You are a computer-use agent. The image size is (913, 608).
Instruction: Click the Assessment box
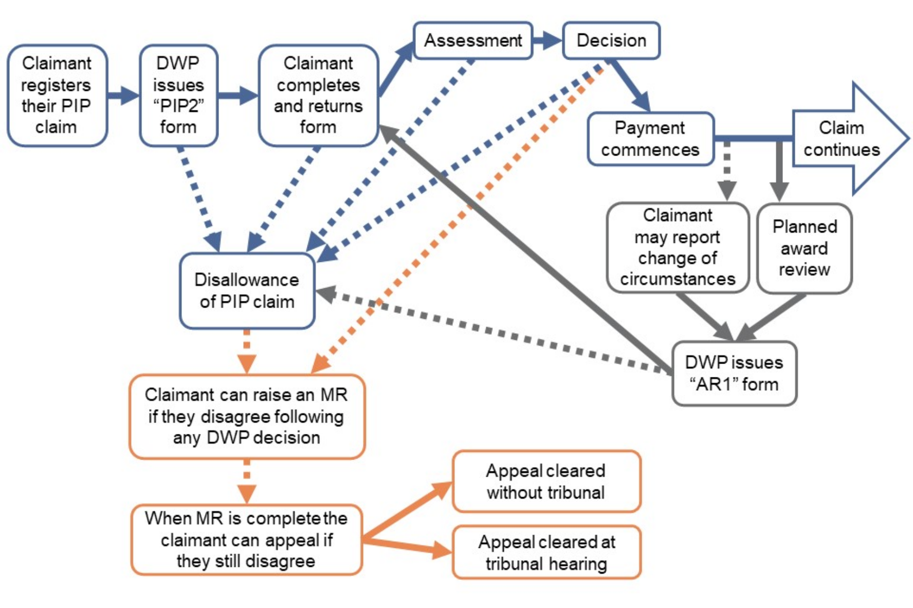(x=473, y=41)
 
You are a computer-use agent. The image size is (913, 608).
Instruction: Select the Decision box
(x=611, y=41)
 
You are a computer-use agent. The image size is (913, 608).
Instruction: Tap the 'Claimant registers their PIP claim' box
(x=57, y=96)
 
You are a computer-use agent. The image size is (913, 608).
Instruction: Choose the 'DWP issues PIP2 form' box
(x=178, y=96)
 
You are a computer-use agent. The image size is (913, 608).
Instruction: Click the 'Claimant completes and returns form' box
(x=318, y=96)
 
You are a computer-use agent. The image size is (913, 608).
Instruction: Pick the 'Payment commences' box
(x=650, y=139)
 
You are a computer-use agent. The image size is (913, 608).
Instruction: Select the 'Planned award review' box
(x=805, y=249)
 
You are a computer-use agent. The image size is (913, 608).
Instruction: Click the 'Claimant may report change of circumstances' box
(x=678, y=248)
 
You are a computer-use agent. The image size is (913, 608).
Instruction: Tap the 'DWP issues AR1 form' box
(x=734, y=373)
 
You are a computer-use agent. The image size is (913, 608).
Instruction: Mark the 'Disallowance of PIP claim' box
(x=247, y=291)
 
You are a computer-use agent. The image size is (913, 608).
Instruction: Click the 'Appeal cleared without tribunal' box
(x=546, y=482)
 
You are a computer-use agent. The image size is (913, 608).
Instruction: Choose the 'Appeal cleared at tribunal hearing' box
(x=546, y=553)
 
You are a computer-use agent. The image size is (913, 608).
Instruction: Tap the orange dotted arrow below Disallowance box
(x=247, y=351)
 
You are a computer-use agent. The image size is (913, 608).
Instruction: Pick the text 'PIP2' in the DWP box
(x=178, y=106)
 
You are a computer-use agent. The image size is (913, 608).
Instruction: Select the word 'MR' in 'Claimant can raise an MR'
(x=334, y=395)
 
